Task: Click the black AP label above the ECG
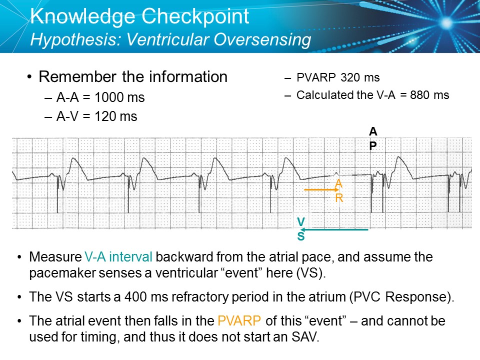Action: point(373,138)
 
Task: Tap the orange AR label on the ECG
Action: point(339,190)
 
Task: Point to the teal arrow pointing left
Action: point(335,229)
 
